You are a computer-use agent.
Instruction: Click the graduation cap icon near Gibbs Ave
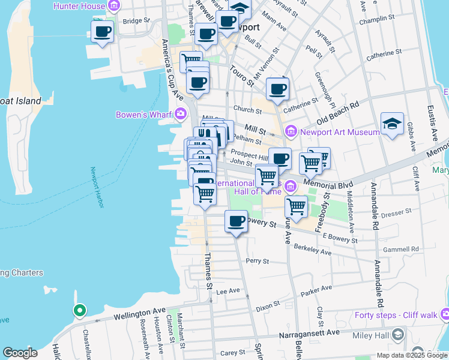pyautogui.click(x=392, y=124)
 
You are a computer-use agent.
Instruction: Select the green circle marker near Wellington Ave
pyautogui.click(x=79, y=310)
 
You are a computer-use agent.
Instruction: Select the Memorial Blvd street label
pyautogui.click(x=327, y=181)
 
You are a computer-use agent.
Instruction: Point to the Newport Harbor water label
pyautogui.click(x=97, y=187)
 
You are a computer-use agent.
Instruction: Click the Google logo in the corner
pyautogui.click(x=20, y=353)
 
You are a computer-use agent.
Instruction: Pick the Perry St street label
pyautogui.click(x=256, y=261)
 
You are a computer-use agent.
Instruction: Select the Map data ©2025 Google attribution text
pyautogui.click(x=412, y=355)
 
